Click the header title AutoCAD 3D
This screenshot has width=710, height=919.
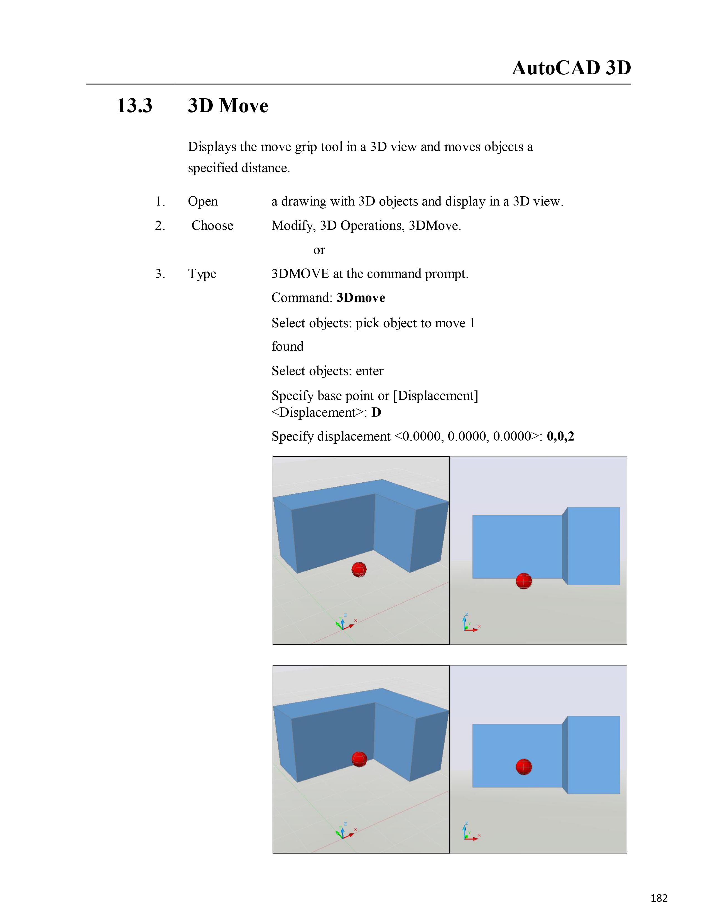point(571,68)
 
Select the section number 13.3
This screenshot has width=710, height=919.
point(134,105)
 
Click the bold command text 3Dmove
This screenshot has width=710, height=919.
point(361,298)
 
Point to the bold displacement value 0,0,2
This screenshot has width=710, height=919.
point(560,436)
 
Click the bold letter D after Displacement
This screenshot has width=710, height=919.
point(376,412)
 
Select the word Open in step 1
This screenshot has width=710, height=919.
point(203,202)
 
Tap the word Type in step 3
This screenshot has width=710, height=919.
point(202,274)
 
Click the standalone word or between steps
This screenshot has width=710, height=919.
point(319,250)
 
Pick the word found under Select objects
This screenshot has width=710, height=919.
point(287,346)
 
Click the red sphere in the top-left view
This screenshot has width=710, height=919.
point(359,569)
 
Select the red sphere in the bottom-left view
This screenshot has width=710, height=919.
point(359,759)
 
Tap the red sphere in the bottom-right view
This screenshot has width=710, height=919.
point(524,767)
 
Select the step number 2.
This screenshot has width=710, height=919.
point(160,226)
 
